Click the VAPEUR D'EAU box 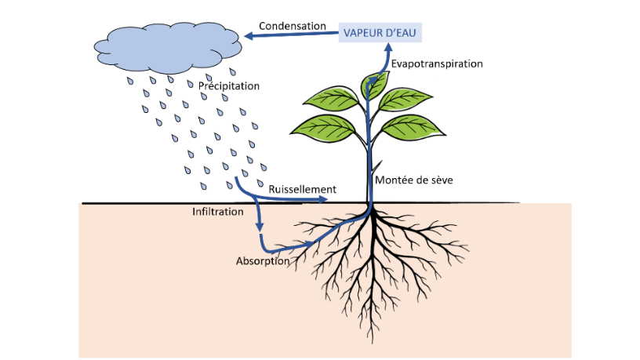click(380, 33)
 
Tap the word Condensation click(293, 26)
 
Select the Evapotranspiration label click(437, 64)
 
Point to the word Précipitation click(228, 86)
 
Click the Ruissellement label click(302, 189)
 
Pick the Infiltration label click(217, 212)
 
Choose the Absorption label click(263, 261)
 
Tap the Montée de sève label click(414, 180)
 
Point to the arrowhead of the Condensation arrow click(249, 36)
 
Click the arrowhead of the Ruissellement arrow click(323, 199)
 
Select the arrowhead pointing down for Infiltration click(259, 227)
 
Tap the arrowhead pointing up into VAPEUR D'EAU click(388, 47)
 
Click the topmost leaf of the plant click(374, 85)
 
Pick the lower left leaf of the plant click(323, 129)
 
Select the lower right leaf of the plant click(413, 128)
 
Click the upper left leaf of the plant click(332, 99)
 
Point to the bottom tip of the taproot click(373, 343)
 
